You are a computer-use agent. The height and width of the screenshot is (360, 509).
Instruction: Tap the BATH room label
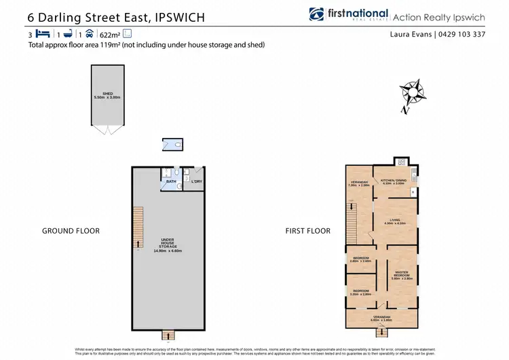[x=171, y=181]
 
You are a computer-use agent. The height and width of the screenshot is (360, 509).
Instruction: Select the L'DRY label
[x=197, y=181]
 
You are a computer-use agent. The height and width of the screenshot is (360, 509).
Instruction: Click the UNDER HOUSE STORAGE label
[x=169, y=245]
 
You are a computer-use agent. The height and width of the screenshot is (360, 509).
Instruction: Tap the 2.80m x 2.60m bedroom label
[x=360, y=259]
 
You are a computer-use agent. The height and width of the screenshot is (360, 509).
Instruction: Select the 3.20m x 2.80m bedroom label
[x=360, y=293]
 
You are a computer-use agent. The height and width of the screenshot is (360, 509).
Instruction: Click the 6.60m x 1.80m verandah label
[x=382, y=319]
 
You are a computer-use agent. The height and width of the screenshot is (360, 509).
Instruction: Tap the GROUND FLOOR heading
[x=71, y=231]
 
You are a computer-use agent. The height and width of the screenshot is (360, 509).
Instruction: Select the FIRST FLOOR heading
[x=308, y=231]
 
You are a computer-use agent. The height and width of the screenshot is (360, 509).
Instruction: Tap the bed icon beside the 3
[x=44, y=33]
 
